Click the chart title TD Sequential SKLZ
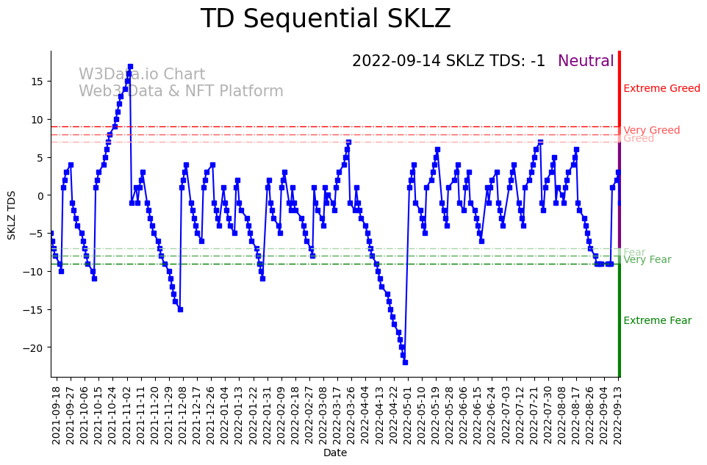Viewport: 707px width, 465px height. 326,19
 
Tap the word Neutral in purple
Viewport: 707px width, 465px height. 586,62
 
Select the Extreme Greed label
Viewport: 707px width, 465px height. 661,89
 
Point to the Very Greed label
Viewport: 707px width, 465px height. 651,131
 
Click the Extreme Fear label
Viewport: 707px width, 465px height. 657,321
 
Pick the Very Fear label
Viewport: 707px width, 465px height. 647,260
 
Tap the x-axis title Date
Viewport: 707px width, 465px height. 335,453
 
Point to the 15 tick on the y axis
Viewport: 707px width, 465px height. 37,81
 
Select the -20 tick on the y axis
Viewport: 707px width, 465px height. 35,347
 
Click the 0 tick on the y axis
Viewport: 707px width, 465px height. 41,195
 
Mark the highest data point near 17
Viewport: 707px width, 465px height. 130,66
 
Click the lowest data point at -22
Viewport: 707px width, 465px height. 405,362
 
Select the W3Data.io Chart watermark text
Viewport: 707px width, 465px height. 142,75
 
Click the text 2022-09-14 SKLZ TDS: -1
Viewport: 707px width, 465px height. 448,62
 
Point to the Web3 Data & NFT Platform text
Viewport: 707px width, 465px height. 181,92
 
